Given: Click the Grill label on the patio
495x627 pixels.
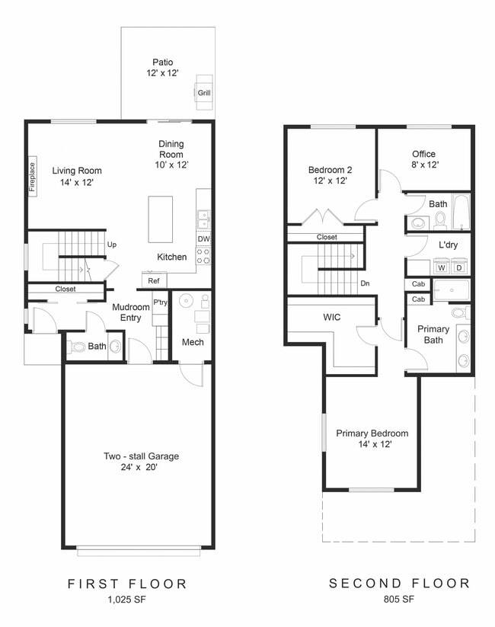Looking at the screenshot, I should (x=204, y=94).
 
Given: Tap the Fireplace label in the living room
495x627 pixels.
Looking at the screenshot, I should (x=33, y=177).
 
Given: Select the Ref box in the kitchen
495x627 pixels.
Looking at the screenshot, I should (x=152, y=280).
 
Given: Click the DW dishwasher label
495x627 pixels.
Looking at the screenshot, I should (x=203, y=238).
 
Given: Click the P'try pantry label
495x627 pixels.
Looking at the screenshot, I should (x=160, y=302).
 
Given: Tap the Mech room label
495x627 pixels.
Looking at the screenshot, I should (x=192, y=342).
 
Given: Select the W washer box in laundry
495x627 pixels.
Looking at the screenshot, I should (x=441, y=267).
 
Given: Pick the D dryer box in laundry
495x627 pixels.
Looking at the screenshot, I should (x=459, y=267).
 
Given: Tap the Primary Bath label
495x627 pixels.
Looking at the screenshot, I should (x=433, y=334).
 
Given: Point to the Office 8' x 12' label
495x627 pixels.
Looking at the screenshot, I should (x=424, y=158).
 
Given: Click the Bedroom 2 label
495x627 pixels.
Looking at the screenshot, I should (x=328, y=175).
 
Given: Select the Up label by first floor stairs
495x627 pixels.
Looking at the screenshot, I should (x=112, y=245).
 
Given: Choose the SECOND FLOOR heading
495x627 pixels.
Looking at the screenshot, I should (x=399, y=584).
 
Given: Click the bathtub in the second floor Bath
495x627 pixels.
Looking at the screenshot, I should (x=460, y=212).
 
